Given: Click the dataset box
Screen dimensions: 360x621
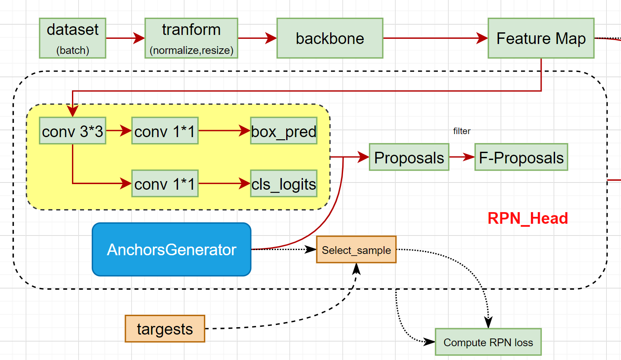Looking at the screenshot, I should pyautogui.click(x=72, y=38).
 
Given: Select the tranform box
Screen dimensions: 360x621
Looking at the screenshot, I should pyautogui.click(x=191, y=38).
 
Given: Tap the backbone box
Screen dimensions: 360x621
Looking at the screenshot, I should pyautogui.click(x=330, y=38).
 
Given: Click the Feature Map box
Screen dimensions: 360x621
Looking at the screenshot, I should pyautogui.click(x=541, y=38).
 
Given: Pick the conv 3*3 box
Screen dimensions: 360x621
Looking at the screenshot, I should pyautogui.click(x=72, y=131).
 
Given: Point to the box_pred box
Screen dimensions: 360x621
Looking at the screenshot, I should pyautogui.click(x=284, y=131).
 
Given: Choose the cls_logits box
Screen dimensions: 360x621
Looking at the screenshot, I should pyautogui.click(x=284, y=184).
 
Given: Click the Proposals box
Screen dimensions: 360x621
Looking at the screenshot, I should pyautogui.click(x=409, y=157).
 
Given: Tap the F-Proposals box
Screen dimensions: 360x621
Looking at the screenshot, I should pyautogui.click(x=521, y=157).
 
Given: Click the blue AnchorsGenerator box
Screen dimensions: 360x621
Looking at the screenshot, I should pyautogui.click(x=172, y=249).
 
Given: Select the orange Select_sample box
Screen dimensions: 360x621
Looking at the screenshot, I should pyautogui.click(x=356, y=250).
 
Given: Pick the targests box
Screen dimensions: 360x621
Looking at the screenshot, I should pyautogui.click(x=165, y=329).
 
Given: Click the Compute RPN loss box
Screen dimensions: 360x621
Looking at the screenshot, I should pyautogui.click(x=488, y=342).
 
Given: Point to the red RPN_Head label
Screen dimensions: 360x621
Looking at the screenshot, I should pyautogui.click(x=527, y=218).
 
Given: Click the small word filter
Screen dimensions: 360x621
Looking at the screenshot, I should pyautogui.click(x=462, y=131).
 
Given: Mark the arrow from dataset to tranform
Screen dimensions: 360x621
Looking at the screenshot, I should pyautogui.click(x=125, y=38).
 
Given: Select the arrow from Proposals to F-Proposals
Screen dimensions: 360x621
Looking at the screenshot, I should pyautogui.click(x=462, y=157).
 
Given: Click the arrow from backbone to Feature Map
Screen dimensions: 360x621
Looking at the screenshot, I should pyautogui.click(x=435, y=38).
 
